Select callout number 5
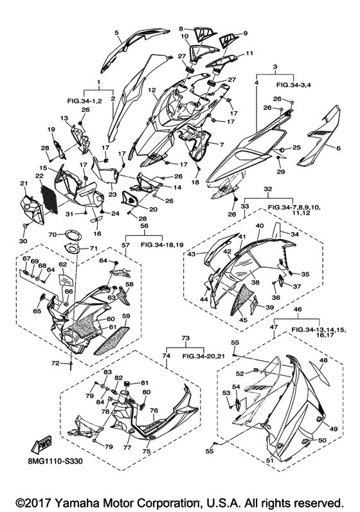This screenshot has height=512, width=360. coord(116,33)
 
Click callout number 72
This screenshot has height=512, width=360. coord(56,363)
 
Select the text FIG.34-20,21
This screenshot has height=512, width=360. coord(203,357)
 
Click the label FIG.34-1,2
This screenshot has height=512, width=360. coord(85,102)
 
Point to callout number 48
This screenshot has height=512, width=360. coord(323,360)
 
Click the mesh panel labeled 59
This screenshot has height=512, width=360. coord(111,340)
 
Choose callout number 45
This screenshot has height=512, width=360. coord(242,321)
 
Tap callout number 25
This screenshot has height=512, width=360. coord(296,148)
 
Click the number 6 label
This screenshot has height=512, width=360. coord(338,148)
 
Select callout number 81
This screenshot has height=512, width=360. coord(145,382)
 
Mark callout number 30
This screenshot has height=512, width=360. coord(23,241)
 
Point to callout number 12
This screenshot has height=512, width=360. coord(151,89)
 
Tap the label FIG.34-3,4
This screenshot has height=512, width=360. coord(294,85)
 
